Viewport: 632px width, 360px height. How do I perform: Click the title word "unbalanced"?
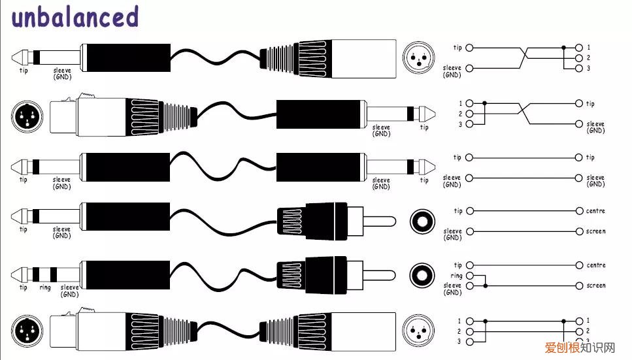pyautogui.click(x=75, y=18)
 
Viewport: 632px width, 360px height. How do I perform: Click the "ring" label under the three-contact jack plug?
pyautogui.click(x=44, y=287)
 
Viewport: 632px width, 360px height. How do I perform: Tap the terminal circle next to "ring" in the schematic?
pyautogui.click(x=469, y=276)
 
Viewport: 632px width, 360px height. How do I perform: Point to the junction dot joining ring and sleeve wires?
pyautogui.click(x=485, y=286)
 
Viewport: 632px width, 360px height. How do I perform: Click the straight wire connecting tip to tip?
pyautogui.click(x=523, y=157)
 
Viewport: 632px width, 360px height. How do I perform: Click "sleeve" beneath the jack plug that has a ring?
pyautogui.click(x=69, y=287)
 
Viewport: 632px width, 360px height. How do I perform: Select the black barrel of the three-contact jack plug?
pyautogui.click(x=124, y=274)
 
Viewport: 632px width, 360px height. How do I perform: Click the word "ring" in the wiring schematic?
pyautogui.click(x=456, y=276)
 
